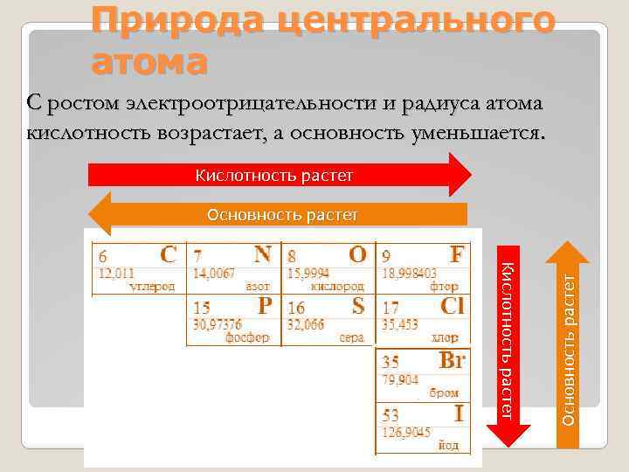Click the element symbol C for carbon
(x=168, y=254)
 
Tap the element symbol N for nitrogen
(x=262, y=254)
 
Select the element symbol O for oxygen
(x=357, y=254)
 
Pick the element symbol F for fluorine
(x=457, y=254)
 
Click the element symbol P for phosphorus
(x=264, y=306)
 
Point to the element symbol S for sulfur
(x=358, y=306)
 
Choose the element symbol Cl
(x=453, y=306)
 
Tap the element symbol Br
(x=452, y=360)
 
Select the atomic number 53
(x=391, y=414)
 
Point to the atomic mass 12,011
(x=115, y=273)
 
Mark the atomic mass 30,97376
(x=218, y=324)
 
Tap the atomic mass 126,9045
(x=405, y=431)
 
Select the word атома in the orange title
(x=149, y=63)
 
